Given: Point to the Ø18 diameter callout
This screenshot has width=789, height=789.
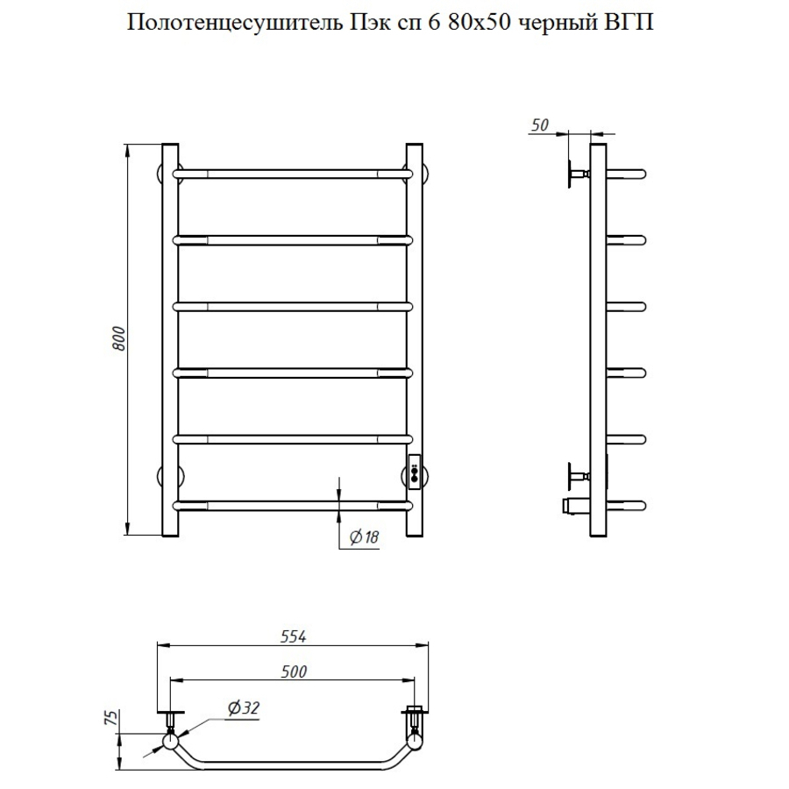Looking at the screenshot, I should pyautogui.click(x=363, y=538).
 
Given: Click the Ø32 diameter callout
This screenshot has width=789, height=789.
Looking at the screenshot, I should pyautogui.click(x=245, y=708).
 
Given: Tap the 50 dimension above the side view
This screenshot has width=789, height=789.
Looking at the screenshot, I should pyautogui.click(x=539, y=125).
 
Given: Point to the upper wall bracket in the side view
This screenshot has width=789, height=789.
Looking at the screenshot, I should pyautogui.click(x=579, y=173).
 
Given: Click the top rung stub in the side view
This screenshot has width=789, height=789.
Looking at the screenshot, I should pyautogui.click(x=628, y=173).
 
